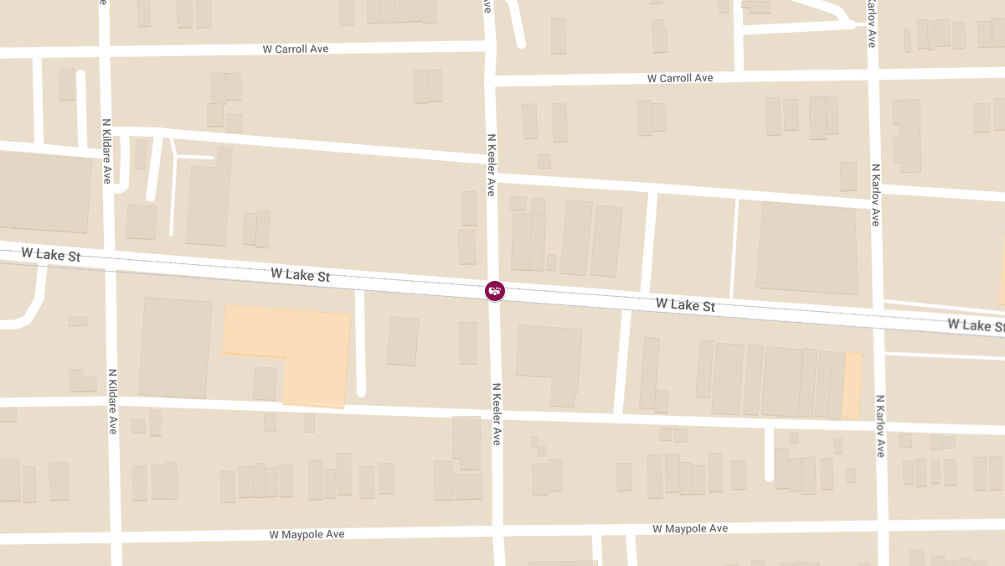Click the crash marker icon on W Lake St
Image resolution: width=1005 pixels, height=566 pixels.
495,291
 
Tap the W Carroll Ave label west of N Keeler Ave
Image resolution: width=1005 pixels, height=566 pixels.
296,49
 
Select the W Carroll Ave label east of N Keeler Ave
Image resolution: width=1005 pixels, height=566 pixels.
680,78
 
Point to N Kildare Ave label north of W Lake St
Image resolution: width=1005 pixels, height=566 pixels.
106,151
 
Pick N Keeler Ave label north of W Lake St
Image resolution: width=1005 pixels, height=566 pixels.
492,164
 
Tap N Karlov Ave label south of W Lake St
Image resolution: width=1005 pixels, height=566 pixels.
879,425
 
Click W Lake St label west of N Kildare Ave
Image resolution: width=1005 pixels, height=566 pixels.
51,253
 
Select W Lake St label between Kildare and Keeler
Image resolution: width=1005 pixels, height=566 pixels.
300,274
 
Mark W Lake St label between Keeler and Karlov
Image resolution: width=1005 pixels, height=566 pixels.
685,305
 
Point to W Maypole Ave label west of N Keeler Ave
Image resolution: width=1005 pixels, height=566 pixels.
307,534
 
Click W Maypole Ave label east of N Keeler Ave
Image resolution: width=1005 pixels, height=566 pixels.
690,528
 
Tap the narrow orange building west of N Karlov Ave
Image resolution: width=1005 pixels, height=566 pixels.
852,386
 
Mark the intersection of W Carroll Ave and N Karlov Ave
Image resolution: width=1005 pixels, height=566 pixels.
873,74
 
